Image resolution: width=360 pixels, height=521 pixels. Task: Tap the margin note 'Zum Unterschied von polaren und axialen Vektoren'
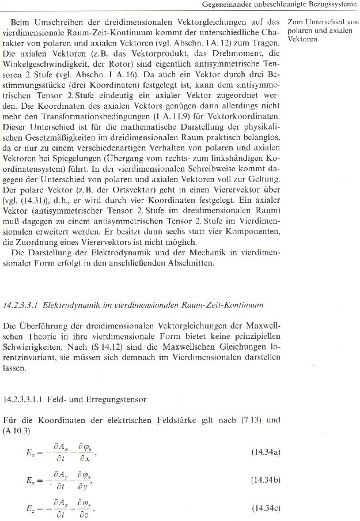[x=323, y=31]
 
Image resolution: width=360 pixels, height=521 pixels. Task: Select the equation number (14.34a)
[x=266, y=452]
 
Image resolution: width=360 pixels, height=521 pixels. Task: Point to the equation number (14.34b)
[x=266, y=480]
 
